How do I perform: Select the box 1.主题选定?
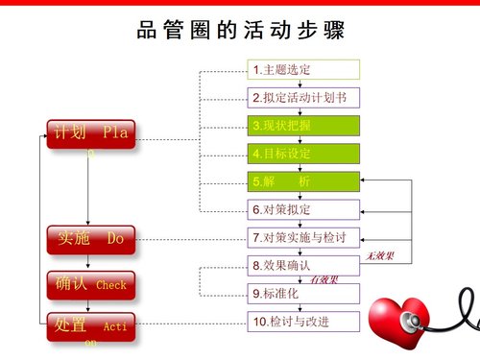pyautogui.click(x=304, y=70)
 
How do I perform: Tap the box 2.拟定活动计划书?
pyautogui.click(x=304, y=98)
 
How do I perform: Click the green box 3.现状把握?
pyautogui.click(x=304, y=126)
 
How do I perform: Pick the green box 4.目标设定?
pyautogui.click(x=304, y=154)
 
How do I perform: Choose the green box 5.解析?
pyautogui.click(x=304, y=181)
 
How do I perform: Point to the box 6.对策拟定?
pyautogui.click(x=304, y=209)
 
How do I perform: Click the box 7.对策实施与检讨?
pyautogui.click(x=304, y=237)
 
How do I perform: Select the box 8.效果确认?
pyautogui.click(x=304, y=265)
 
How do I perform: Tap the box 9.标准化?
pyautogui.click(x=304, y=293)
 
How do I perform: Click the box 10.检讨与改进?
pyautogui.click(x=304, y=322)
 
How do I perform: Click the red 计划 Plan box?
pyautogui.click(x=88, y=135)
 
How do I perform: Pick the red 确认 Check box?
pyautogui.click(x=88, y=284)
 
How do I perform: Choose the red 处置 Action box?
pyautogui.click(x=88, y=326)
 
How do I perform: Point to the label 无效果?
pyautogui.click(x=382, y=256)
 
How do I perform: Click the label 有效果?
pyautogui.click(x=324, y=279)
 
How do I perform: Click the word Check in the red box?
pyautogui.click(x=110, y=285)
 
